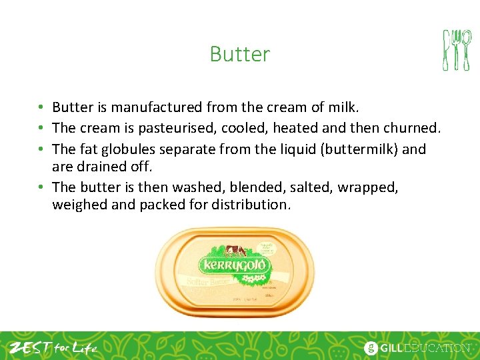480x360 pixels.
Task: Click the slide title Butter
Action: tap(239, 53)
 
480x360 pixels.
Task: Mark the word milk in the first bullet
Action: tap(344, 107)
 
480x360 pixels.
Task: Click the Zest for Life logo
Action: tap(53, 347)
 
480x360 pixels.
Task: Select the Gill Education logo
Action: tap(416, 347)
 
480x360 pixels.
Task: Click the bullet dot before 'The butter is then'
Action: tap(41, 187)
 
